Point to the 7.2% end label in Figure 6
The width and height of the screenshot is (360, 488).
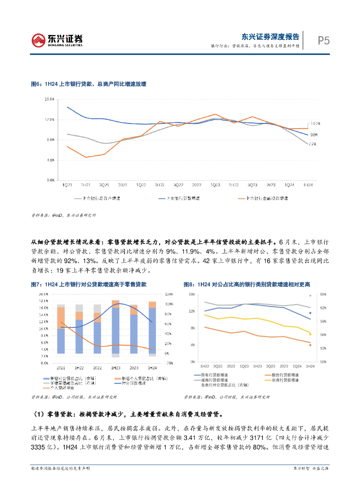click(x=313, y=144)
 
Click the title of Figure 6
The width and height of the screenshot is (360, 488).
click(x=88, y=84)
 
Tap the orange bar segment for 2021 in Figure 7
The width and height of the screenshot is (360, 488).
click(x=61, y=318)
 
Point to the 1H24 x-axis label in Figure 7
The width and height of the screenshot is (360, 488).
click(x=152, y=368)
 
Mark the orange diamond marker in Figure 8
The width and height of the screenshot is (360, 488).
click(x=310, y=345)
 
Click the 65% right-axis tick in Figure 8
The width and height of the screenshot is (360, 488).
click(x=323, y=294)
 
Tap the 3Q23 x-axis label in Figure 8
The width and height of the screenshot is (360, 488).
click(x=270, y=366)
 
